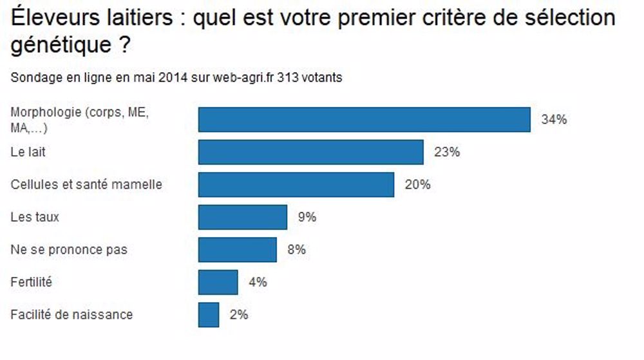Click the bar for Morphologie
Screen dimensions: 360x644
click(364, 120)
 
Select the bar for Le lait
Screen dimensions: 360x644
click(310, 153)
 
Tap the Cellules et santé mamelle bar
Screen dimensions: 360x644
click(296, 185)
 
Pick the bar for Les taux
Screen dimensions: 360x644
click(242, 217)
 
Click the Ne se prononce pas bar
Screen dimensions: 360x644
click(237, 250)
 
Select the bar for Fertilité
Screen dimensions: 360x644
click(218, 282)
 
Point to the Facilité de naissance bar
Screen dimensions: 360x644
click(209, 315)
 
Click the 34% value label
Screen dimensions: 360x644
click(554, 120)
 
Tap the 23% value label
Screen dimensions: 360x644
click(447, 153)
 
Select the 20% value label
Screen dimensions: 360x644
click(417, 185)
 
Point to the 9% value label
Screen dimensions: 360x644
click(307, 217)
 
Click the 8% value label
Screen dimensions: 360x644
click(296, 250)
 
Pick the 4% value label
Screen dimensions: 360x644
click(258, 282)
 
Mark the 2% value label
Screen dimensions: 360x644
click(238, 315)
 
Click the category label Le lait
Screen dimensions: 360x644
click(28, 153)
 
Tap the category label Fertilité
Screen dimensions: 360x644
click(31, 282)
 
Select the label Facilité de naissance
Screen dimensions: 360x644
click(71, 315)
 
